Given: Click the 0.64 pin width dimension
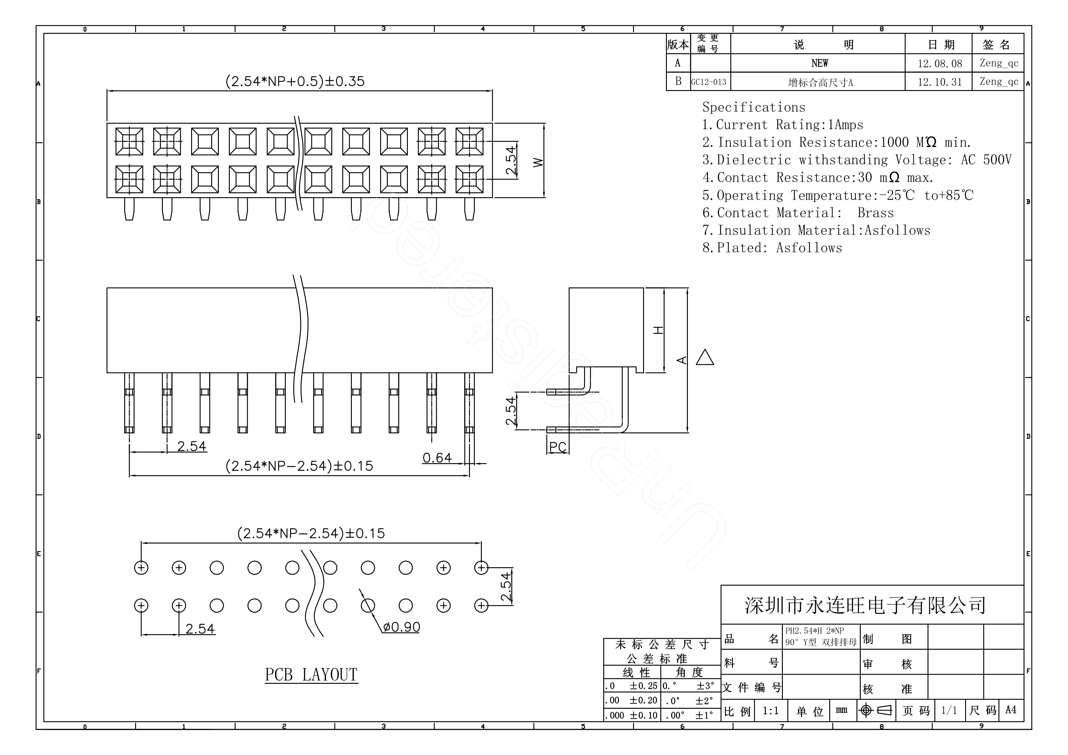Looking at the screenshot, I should point(437,458).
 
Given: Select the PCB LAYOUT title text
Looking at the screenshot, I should point(311,675).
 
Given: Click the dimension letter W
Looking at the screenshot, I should point(538,162).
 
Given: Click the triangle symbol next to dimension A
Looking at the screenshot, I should point(705,358).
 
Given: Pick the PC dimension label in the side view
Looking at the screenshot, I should point(558,447).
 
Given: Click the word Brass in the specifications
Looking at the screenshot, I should point(875,213).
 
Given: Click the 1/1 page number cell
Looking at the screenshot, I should point(949,710).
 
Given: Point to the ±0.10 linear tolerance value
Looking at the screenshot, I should point(644,715).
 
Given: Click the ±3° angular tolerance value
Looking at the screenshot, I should point(705,686).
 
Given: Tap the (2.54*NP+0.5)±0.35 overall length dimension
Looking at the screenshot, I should point(295,82).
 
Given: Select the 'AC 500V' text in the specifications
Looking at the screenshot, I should point(986,160).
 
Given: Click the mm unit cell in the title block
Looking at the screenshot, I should point(841,710).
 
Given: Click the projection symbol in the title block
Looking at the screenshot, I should point(876,710).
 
